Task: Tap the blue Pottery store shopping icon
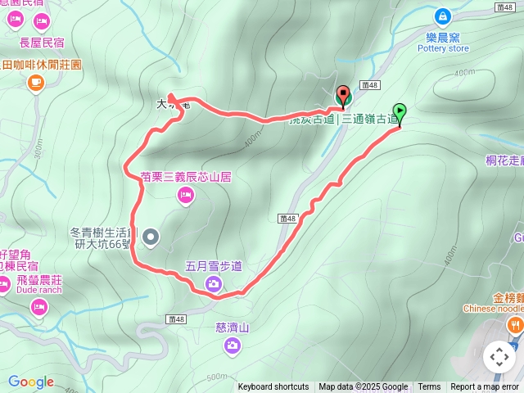click(443, 16)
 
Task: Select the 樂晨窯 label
click(443, 38)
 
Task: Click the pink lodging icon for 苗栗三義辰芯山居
click(186, 195)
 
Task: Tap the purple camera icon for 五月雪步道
click(213, 284)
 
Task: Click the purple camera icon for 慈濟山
click(233, 346)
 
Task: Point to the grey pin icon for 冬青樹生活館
click(151, 237)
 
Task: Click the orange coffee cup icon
click(35, 83)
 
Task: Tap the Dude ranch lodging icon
click(38, 307)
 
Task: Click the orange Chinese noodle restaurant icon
click(515, 326)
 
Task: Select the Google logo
click(30, 382)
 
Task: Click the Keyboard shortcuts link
click(273, 387)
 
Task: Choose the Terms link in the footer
click(429, 387)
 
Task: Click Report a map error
click(485, 387)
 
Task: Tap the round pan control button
click(499, 357)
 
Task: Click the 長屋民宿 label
click(41, 41)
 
